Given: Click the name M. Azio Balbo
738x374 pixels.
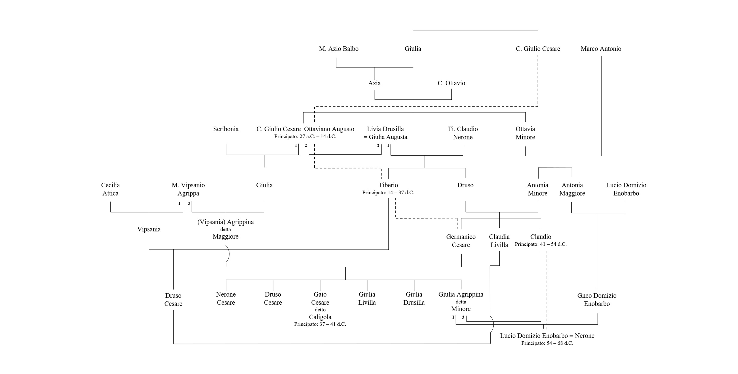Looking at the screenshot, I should (339, 49).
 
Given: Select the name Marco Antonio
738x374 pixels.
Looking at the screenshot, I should (601, 49).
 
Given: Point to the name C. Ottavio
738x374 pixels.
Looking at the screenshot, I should (451, 83).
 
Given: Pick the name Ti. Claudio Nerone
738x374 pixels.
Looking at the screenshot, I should (463, 133).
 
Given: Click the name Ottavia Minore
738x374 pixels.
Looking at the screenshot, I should (525, 133).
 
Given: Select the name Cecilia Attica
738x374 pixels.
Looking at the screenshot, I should (110, 189).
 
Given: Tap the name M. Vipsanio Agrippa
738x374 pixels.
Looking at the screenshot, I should (188, 189).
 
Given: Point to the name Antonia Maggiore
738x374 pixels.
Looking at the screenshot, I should (572, 189).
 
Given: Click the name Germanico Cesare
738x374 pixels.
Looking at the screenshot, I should (461, 241).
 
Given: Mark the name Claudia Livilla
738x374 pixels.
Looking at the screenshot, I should (499, 241).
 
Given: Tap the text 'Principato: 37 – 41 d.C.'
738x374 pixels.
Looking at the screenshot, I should (320, 324).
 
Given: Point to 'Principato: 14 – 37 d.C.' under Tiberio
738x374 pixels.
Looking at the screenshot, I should (388, 193).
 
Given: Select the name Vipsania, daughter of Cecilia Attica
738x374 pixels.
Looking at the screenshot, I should (149, 229).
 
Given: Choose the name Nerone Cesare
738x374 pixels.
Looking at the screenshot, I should (226, 298).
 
